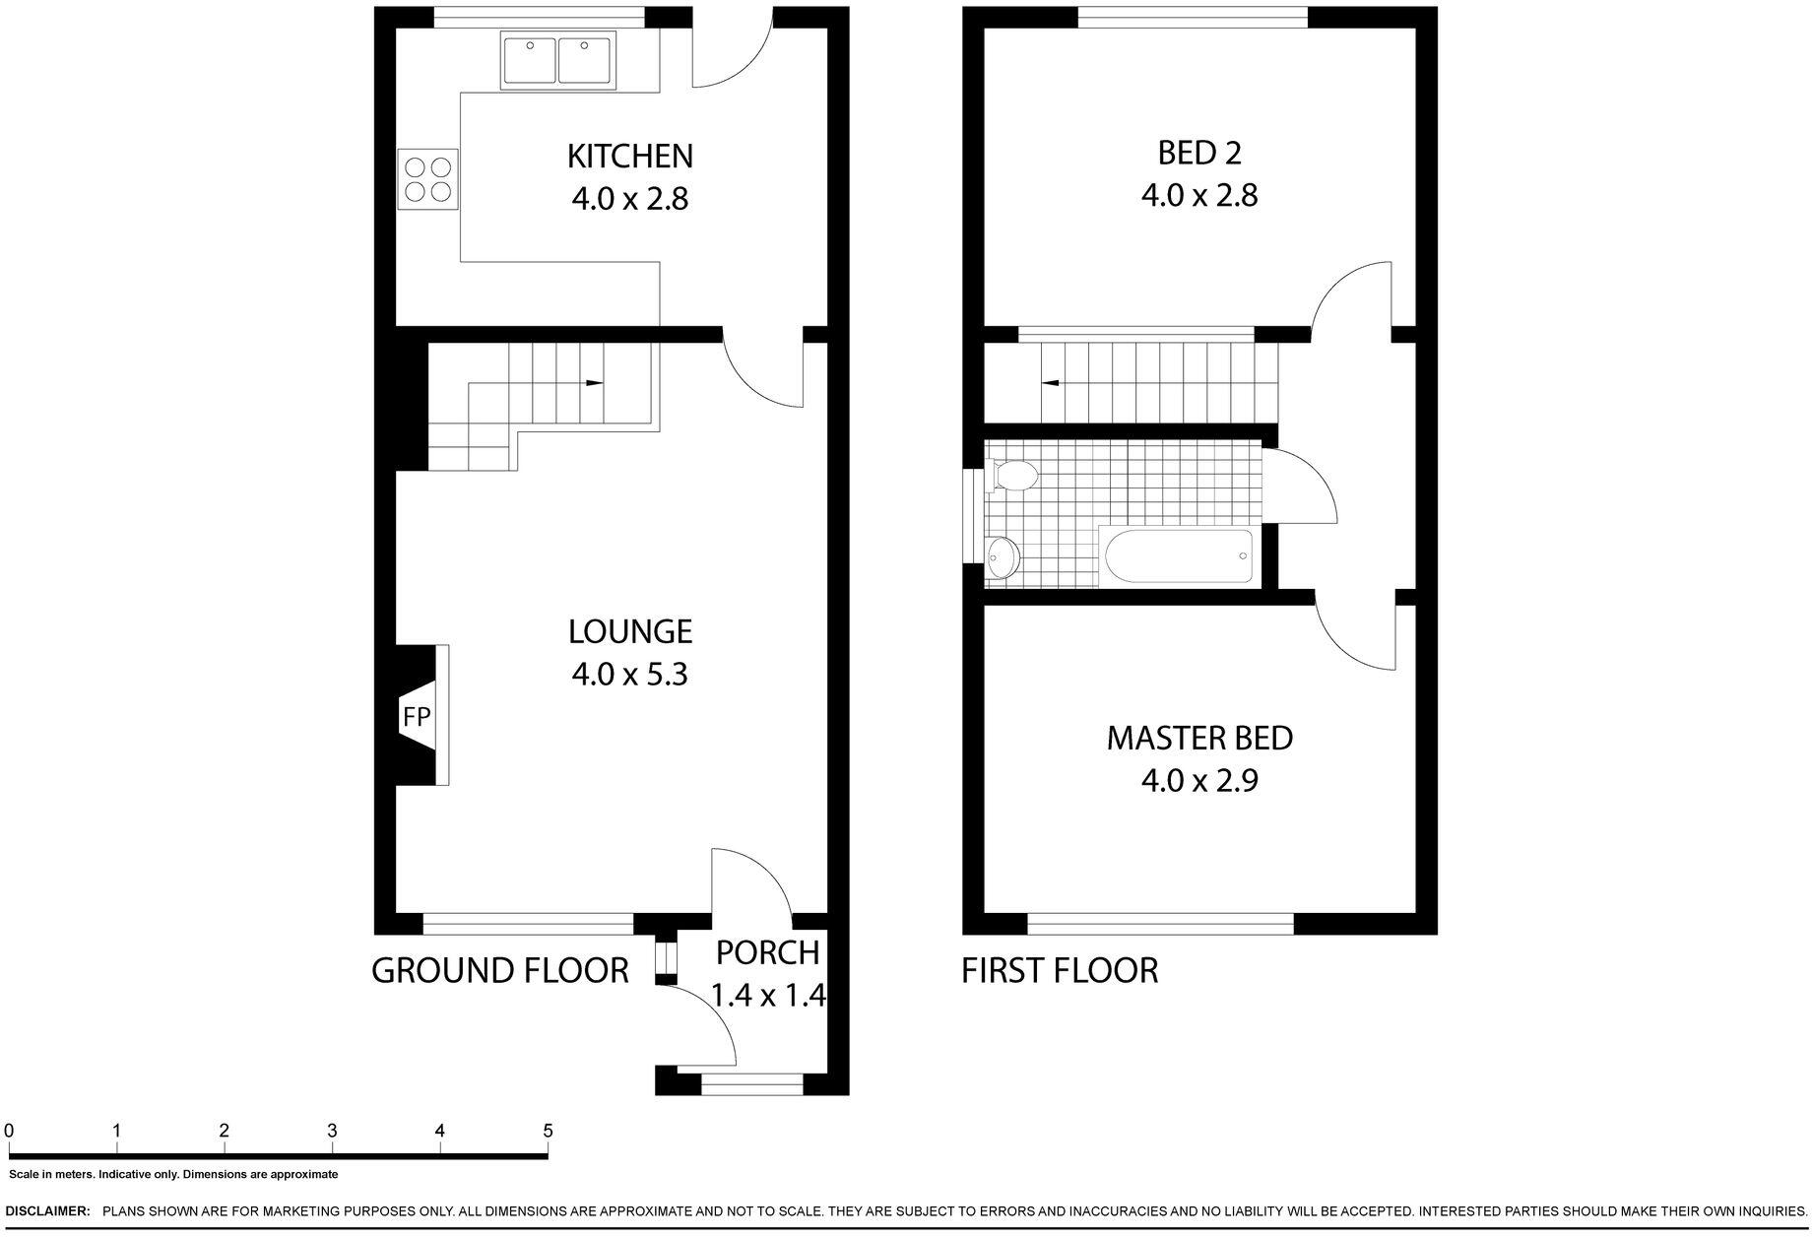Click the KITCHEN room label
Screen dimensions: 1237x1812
tap(629, 156)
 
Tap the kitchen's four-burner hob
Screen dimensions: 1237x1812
tap(428, 179)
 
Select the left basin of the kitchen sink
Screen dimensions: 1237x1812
tap(530, 60)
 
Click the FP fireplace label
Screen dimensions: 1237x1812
tap(417, 717)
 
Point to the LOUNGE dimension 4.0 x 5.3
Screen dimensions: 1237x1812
tap(629, 675)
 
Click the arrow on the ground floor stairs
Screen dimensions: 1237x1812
tap(593, 382)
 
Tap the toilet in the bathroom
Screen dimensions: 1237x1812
tap(1015, 476)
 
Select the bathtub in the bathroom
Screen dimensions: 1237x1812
tap(1179, 556)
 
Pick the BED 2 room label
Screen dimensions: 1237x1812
tap(1198, 153)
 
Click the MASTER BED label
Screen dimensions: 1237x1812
tap(1198, 738)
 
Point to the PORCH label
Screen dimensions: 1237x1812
tap(767, 952)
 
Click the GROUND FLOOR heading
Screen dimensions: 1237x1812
tap(499, 970)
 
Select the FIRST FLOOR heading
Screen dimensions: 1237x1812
tap(1059, 970)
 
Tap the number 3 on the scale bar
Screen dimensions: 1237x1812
tap(332, 1131)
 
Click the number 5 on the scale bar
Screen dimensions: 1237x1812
tap(548, 1131)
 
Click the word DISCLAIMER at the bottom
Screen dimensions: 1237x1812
tap(47, 1210)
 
